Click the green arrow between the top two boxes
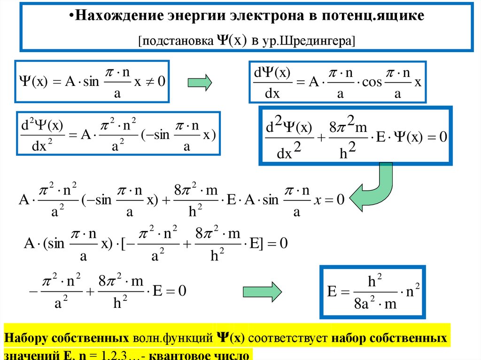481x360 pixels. (x=200, y=83)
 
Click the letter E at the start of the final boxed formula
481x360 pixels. (x=333, y=291)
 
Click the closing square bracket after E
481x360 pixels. (x=263, y=244)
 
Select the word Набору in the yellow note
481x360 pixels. (x=25, y=338)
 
